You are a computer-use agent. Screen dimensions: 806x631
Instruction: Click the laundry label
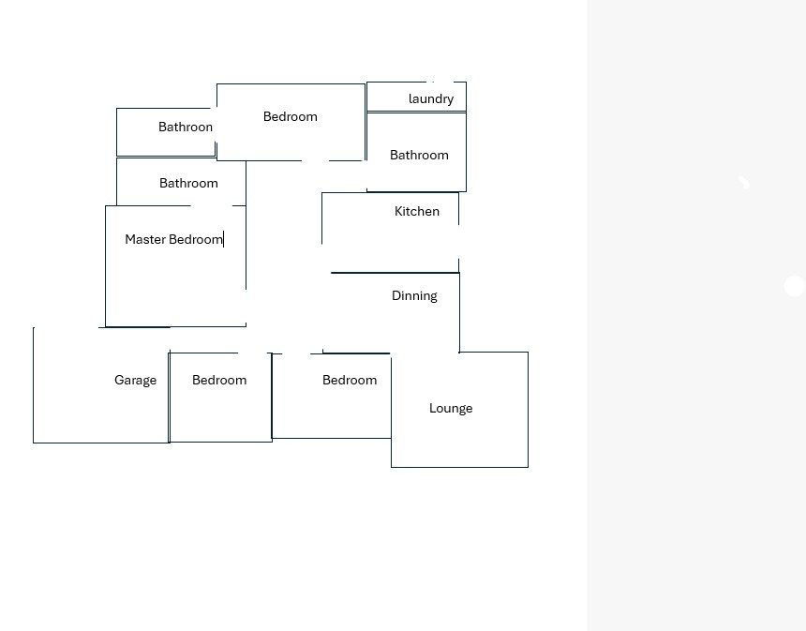(431, 98)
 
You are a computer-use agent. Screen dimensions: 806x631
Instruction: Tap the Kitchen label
(417, 211)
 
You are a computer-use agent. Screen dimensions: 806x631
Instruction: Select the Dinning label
(414, 296)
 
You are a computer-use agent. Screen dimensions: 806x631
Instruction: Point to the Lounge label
(451, 409)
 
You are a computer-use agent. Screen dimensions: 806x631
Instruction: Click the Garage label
(135, 381)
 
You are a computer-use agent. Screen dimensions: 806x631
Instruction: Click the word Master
(145, 239)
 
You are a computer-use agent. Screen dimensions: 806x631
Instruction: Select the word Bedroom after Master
(195, 239)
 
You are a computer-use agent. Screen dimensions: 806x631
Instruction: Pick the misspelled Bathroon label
(186, 127)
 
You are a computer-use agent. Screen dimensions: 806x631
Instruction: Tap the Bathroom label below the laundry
(419, 156)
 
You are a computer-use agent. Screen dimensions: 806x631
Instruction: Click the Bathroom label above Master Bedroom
(188, 183)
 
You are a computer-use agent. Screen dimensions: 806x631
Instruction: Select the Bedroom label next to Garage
(219, 380)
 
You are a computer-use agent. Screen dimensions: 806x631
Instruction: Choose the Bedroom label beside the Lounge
(350, 380)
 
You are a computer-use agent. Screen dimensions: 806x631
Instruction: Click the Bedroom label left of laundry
(290, 117)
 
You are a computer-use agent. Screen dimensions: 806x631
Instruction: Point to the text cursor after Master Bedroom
(224, 240)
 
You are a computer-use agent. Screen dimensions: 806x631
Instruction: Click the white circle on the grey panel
(794, 286)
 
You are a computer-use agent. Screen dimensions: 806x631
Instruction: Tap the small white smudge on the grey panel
(744, 182)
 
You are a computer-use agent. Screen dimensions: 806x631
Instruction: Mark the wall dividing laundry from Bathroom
(416, 112)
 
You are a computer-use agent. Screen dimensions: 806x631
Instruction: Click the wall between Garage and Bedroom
(169, 397)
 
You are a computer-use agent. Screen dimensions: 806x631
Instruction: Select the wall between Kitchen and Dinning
(395, 273)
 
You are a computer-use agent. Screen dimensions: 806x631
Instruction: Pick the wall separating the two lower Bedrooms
(272, 397)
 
